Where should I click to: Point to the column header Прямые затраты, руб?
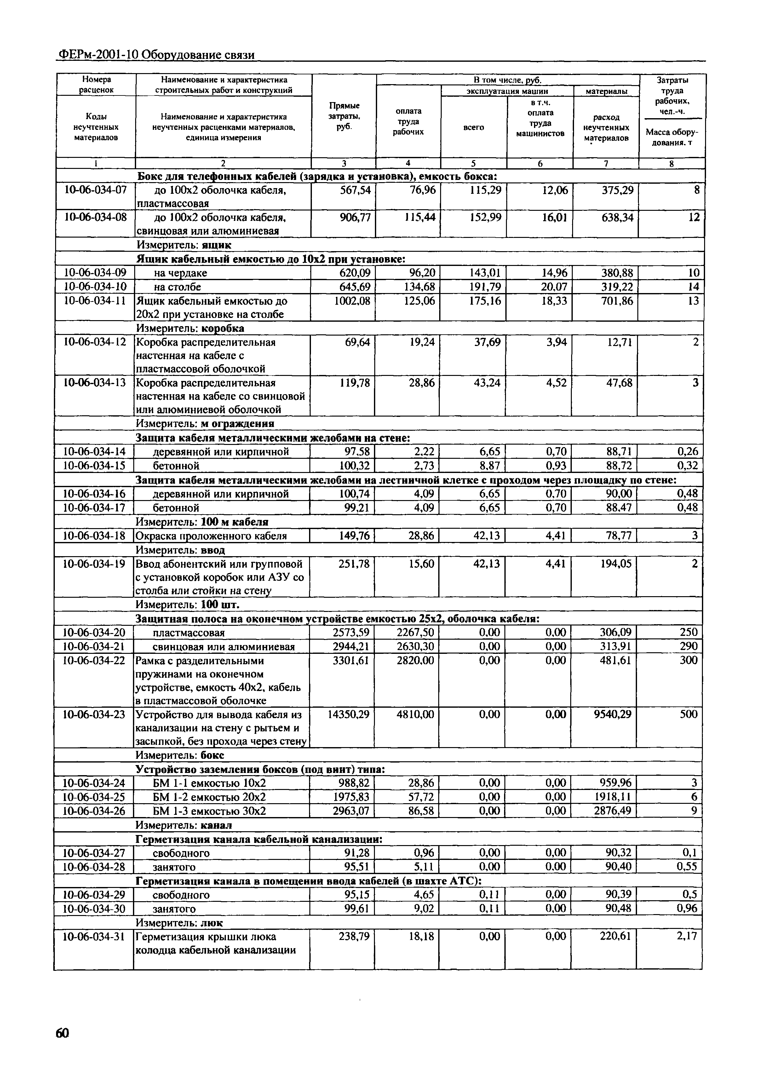point(344,116)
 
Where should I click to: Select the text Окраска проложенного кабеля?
point(211,536)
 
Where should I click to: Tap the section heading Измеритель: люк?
point(179,923)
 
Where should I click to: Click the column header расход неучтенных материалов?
point(606,127)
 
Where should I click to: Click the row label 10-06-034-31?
point(94,936)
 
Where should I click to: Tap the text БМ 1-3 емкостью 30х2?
point(210,811)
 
